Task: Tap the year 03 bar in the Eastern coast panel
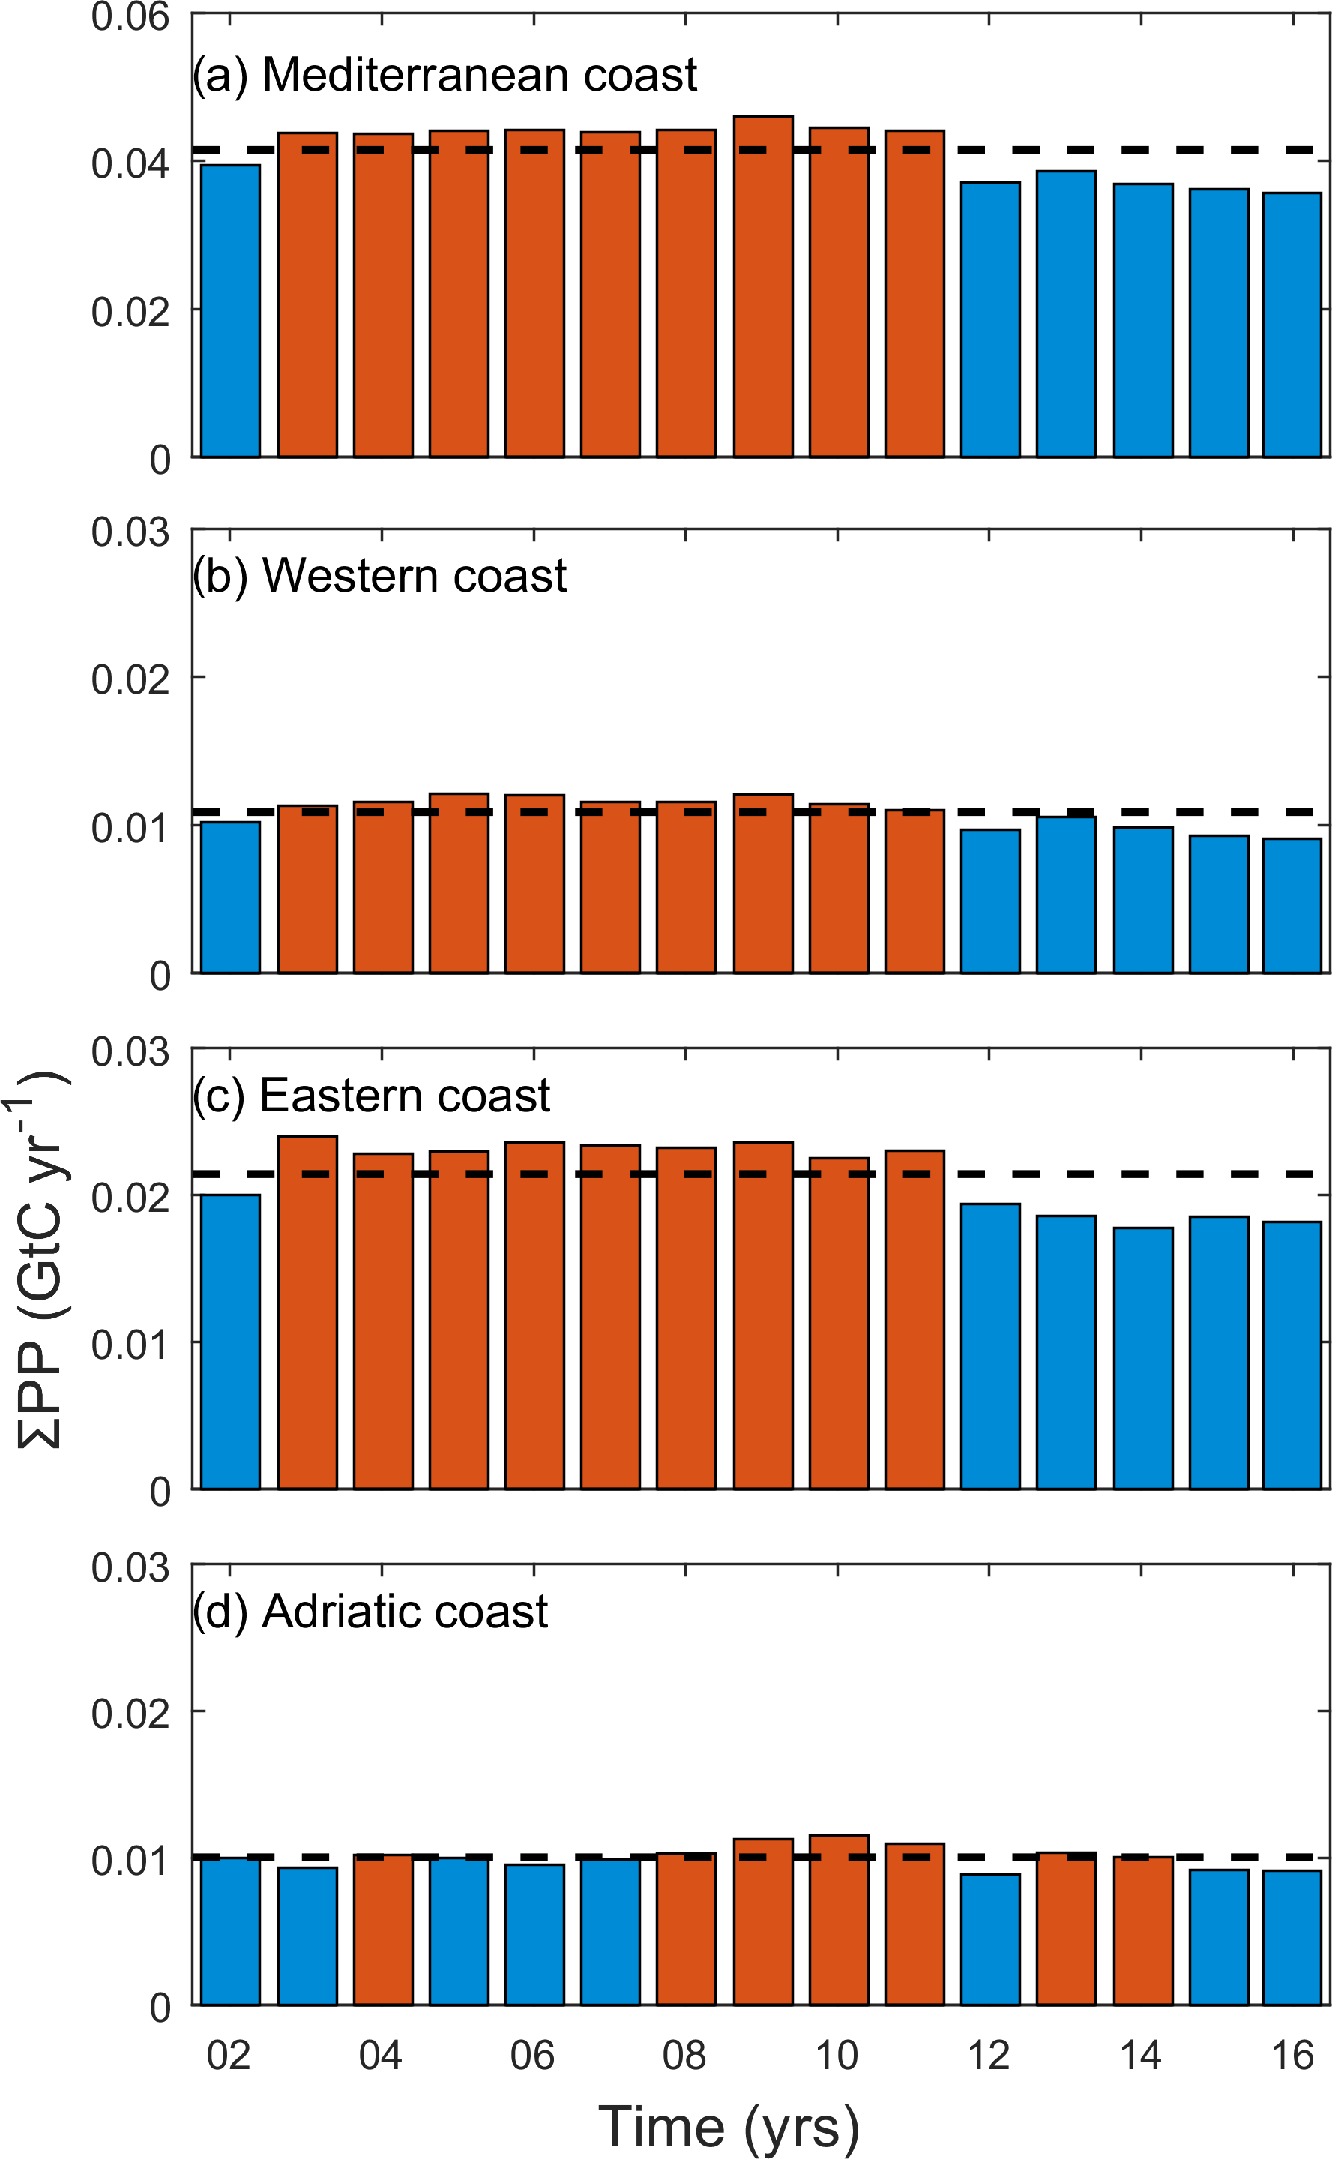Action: [x=307, y=1312]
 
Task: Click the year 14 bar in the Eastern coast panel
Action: [x=1142, y=1357]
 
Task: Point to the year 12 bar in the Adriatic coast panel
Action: [x=990, y=1939]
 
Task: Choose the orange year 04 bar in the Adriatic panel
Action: [x=383, y=1929]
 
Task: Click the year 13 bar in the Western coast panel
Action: [x=1066, y=895]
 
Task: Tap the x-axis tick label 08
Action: [x=684, y=2056]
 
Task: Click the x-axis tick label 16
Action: [x=1292, y=2056]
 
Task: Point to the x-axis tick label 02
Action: [x=229, y=2056]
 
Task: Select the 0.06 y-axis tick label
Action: [x=130, y=18]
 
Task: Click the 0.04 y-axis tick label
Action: [x=130, y=164]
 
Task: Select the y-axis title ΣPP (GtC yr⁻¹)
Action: [x=40, y=1260]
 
